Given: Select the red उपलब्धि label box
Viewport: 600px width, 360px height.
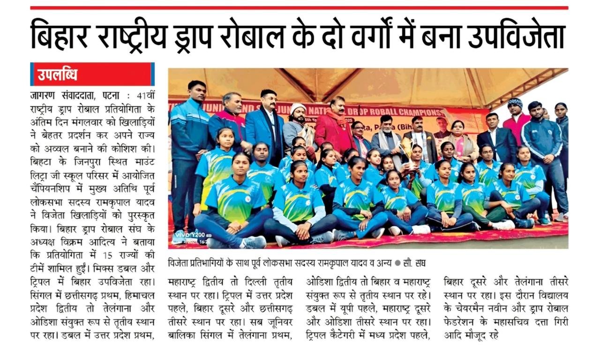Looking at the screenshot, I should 92,74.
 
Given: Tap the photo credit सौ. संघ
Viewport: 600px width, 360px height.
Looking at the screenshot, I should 417,263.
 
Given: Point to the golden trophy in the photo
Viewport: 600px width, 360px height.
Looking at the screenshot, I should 406,150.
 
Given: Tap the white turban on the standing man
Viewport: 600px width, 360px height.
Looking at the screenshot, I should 298,108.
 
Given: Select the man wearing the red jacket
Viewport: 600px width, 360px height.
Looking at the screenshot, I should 335,131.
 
